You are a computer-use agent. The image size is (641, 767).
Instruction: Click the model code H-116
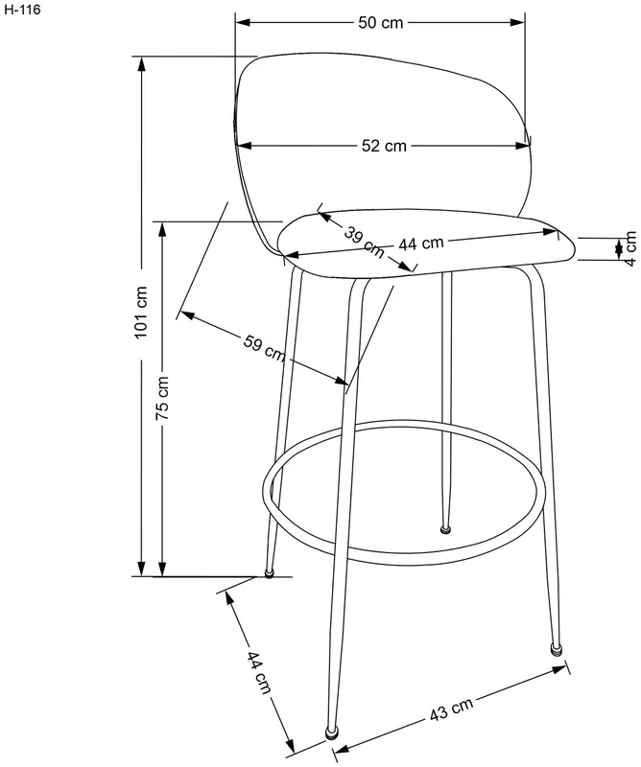click(22, 10)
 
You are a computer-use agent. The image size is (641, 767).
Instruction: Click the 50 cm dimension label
click(381, 22)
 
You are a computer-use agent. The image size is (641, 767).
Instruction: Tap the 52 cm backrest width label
click(384, 146)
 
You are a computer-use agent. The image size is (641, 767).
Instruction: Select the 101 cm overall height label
click(140, 313)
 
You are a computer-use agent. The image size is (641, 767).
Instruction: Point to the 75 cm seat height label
click(162, 398)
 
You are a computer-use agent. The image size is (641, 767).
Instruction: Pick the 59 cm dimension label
click(265, 348)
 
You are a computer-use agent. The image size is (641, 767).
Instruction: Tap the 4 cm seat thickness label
click(631, 249)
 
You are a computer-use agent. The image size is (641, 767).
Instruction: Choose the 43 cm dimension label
click(452, 709)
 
